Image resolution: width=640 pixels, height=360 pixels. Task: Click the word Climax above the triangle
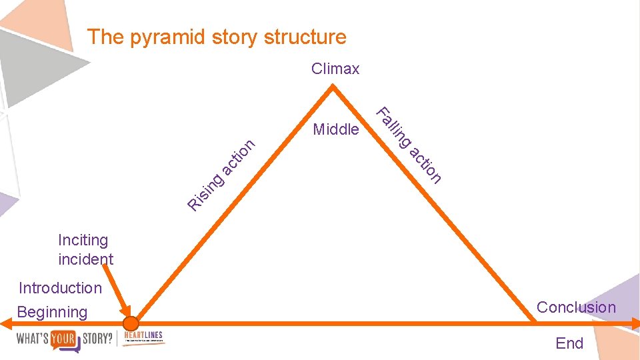[335, 69]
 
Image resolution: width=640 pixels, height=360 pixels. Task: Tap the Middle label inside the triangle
[336, 129]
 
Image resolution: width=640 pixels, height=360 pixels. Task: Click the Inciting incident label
[85, 249]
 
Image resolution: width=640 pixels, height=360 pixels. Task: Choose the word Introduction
[60, 288]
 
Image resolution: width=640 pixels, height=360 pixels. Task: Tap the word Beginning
[52, 312]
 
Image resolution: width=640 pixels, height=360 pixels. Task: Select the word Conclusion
[576, 307]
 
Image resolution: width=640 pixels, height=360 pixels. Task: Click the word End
[569, 343]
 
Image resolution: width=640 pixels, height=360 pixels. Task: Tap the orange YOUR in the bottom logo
[66, 339]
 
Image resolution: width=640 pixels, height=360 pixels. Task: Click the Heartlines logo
[143, 337]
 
